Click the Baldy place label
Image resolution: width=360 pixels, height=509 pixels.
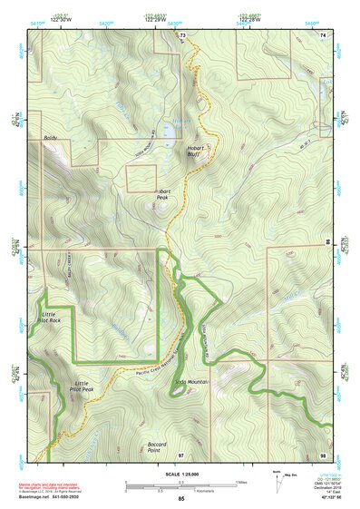point(50,139)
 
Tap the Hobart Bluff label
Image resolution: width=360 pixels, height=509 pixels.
point(197,151)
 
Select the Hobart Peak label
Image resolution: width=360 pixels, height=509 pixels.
point(162,194)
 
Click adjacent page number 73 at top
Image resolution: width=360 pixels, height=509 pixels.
point(182,34)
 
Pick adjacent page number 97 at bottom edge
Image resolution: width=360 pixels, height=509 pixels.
point(181,454)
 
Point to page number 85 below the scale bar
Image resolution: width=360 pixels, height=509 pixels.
point(181,500)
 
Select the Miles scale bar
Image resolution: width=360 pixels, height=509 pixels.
point(181,484)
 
